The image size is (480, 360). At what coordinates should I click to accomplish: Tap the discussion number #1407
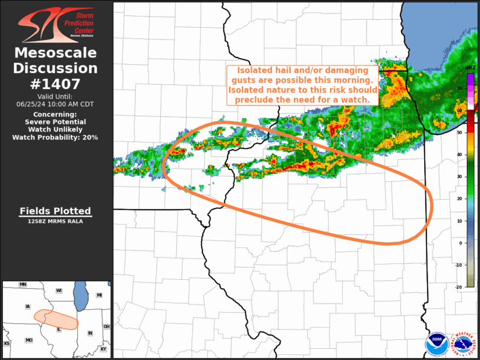click(x=55, y=84)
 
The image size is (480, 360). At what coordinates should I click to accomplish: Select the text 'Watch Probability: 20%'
click(x=55, y=137)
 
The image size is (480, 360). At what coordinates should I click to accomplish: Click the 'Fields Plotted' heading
click(x=55, y=211)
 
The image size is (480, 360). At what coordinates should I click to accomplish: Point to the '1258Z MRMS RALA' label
click(x=55, y=222)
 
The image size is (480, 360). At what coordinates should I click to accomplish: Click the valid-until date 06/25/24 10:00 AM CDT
click(x=55, y=104)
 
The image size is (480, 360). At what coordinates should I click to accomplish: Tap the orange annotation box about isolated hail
click(x=302, y=85)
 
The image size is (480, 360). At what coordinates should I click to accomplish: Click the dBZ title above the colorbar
click(x=470, y=68)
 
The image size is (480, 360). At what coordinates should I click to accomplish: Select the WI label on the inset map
click(x=59, y=290)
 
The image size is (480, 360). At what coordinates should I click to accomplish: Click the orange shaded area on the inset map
click(x=56, y=319)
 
